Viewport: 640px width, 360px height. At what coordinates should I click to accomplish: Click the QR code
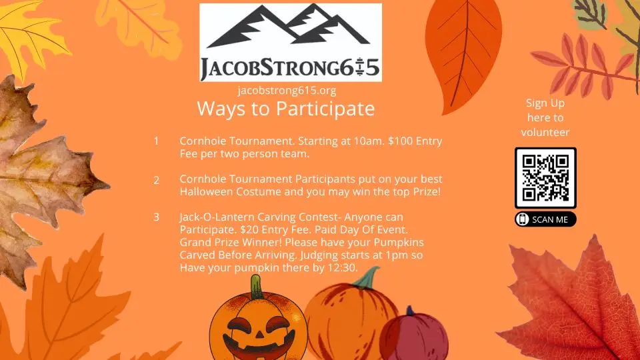[x=545, y=178]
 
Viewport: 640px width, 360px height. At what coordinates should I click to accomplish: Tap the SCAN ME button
[x=545, y=219]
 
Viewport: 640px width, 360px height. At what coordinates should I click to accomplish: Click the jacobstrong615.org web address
[x=287, y=91]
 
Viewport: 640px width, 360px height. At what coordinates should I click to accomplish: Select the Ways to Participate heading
[x=286, y=109]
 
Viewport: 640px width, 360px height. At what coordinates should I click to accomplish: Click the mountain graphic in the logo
[x=289, y=25]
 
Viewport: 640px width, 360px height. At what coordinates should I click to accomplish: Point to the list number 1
[x=156, y=141]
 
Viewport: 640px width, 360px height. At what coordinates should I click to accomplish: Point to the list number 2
[x=156, y=181]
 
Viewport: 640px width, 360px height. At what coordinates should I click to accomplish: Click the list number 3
[x=156, y=217]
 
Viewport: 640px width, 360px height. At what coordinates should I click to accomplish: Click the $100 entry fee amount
[x=401, y=141]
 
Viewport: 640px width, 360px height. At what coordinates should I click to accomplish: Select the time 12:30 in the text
[x=343, y=268]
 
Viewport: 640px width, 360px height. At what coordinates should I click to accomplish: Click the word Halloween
[x=207, y=192]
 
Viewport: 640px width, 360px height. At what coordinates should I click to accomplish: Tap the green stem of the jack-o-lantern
[x=256, y=287]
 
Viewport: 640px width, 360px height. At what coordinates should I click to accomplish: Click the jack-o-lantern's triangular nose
[x=259, y=335]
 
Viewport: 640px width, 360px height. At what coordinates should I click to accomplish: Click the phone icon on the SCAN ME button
[x=522, y=219]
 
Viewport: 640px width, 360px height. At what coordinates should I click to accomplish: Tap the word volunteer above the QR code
[x=545, y=132]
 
